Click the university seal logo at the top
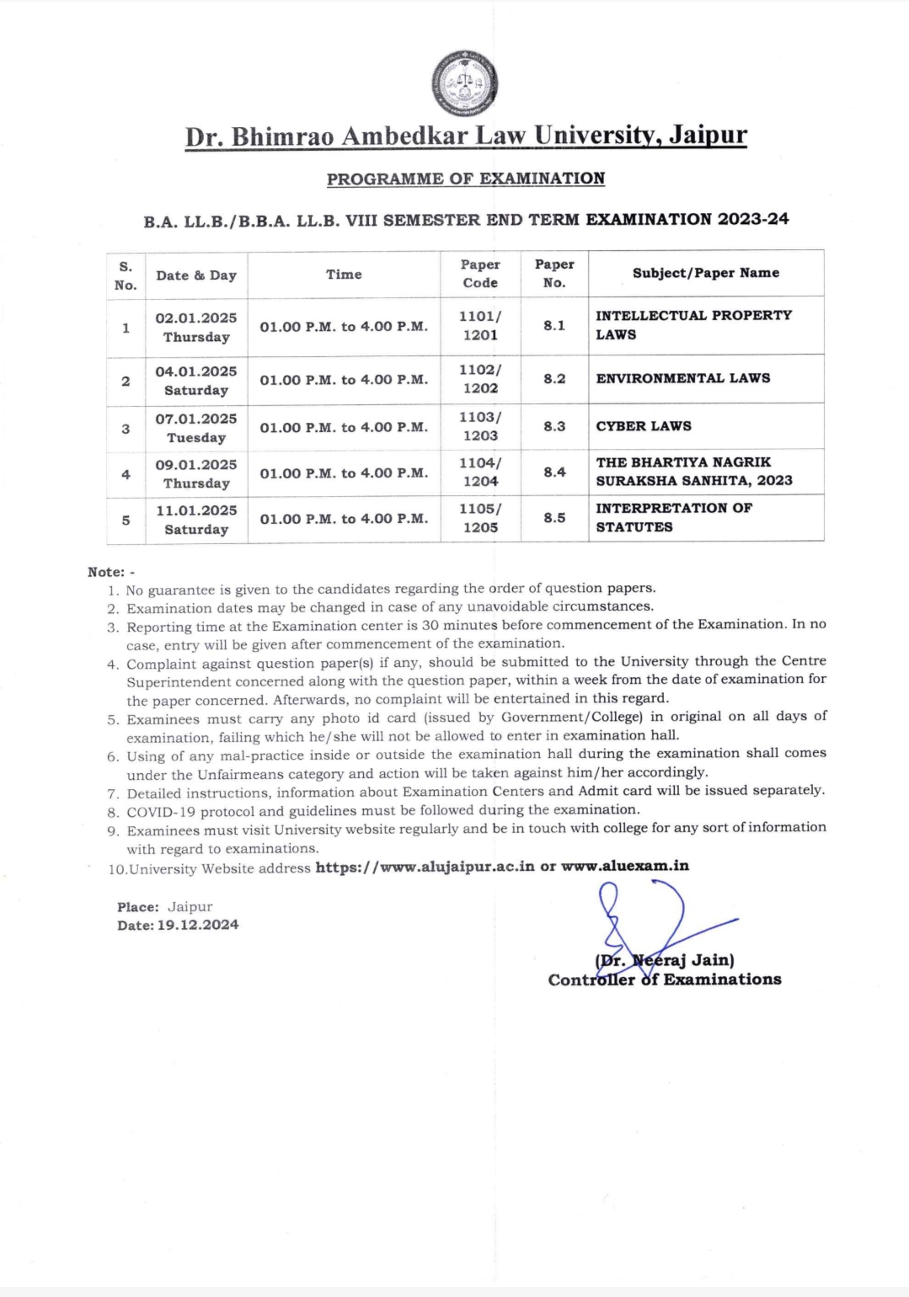click(464, 83)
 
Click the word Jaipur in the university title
click(708, 135)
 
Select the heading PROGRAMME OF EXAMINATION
click(466, 179)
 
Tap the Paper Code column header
click(480, 274)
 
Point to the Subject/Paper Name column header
click(706, 273)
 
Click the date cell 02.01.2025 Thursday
click(196, 327)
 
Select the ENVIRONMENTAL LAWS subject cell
click(683, 378)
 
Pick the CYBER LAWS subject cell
click(644, 426)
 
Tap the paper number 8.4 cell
click(554, 472)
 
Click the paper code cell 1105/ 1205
click(480, 518)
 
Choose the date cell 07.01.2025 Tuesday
click(196, 427)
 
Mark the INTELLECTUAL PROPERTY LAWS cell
click(693, 324)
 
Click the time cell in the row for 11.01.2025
click(344, 519)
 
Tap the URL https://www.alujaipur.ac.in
click(425, 867)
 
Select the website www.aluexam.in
click(625, 866)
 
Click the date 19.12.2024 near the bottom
click(198, 925)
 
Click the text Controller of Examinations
click(665, 979)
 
